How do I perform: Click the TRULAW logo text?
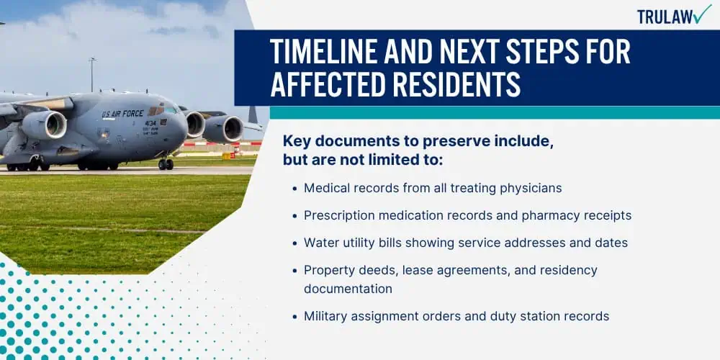[x=665, y=16]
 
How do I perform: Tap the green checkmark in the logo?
[x=702, y=14]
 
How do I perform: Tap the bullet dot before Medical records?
[x=295, y=189]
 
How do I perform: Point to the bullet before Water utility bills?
[x=295, y=243]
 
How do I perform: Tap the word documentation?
[x=348, y=289]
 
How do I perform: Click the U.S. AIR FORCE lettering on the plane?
[x=122, y=113]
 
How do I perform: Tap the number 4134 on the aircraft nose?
[x=150, y=123]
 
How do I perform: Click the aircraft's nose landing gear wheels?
[x=166, y=164]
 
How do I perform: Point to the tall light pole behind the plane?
[x=92, y=74]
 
